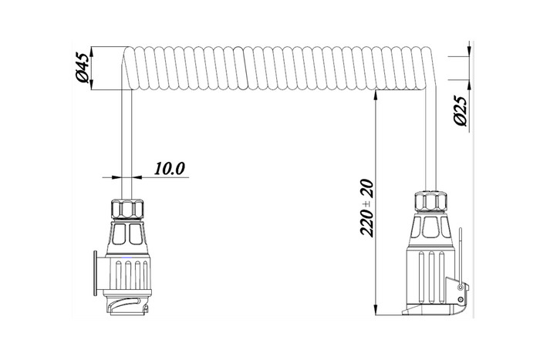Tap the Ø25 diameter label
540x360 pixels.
[x=460, y=111]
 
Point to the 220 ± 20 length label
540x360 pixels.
[x=367, y=208]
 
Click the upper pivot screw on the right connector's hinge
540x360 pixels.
[x=462, y=288]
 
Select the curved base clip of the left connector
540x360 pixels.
[x=127, y=308]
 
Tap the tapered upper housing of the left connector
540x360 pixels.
[x=128, y=234]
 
